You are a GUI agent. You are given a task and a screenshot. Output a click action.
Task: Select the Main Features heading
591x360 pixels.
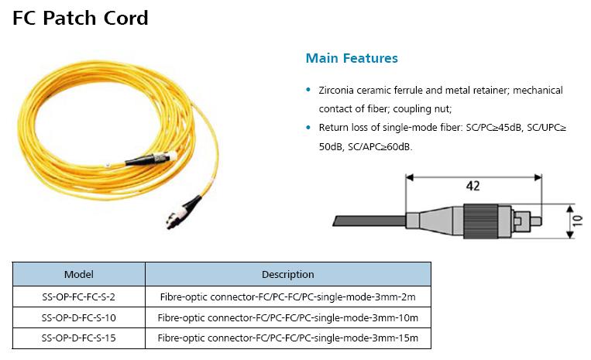pos(352,58)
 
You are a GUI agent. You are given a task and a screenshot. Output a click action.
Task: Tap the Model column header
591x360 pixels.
pos(78,274)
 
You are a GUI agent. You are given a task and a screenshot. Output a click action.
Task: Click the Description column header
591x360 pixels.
pos(287,274)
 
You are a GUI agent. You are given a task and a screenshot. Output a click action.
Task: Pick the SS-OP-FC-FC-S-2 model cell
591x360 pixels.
pos(78,297)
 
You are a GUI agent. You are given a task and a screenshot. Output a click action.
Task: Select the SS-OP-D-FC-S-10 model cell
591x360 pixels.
pos(78,317)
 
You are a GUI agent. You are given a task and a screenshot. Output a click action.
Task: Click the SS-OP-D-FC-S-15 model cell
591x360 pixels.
pos(78,338)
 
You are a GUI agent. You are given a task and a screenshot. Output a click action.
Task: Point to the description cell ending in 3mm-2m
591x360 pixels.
pos(287,297)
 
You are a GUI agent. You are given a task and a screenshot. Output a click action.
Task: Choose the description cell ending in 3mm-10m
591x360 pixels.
pos(287,317)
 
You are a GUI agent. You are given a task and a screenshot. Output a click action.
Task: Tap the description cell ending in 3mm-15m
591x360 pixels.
pos(287,338)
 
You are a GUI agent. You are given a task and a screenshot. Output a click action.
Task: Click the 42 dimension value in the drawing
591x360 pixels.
pos(472,186)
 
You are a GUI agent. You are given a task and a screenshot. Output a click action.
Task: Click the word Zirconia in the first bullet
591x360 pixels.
pos(339,91)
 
